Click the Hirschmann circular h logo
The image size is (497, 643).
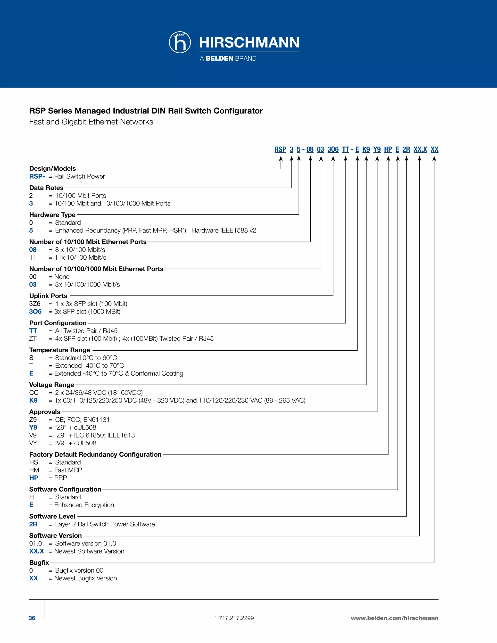(180, 42)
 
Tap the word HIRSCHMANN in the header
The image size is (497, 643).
(249, 42)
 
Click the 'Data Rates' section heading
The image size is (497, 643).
(46, 188)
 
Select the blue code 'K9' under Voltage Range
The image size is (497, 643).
(33, 400)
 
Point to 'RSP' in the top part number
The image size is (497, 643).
(280, 149)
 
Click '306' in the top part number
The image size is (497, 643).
(333, 149)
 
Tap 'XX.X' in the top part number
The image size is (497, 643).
(420, 149)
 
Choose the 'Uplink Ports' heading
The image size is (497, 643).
(48, 296)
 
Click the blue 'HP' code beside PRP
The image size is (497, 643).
(33, 478)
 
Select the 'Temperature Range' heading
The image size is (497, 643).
(59, 350)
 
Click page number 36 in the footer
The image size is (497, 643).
(32, 618)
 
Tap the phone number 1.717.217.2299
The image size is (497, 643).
(234, 618)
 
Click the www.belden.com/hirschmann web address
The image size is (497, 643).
(394, 618)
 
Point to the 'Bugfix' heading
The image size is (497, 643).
(39, 563)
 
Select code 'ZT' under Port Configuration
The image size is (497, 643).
(33, 338)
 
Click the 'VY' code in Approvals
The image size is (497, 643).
(33, 443)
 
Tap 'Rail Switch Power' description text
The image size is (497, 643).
(80, 176)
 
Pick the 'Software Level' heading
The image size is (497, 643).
(52, 516)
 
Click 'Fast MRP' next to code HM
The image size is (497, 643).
(68, 470)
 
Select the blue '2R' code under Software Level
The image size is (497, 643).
(33, 524)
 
